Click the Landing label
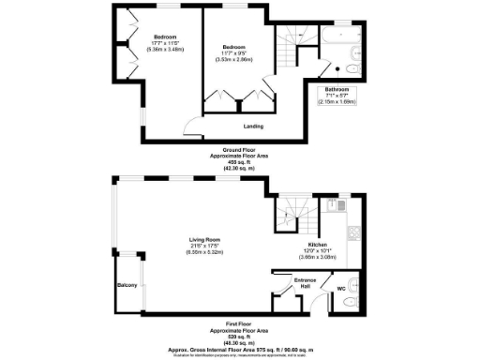tap(253, 127)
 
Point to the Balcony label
tap(127, 285)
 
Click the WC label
tap(340, 288)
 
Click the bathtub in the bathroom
tap(337, 39)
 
